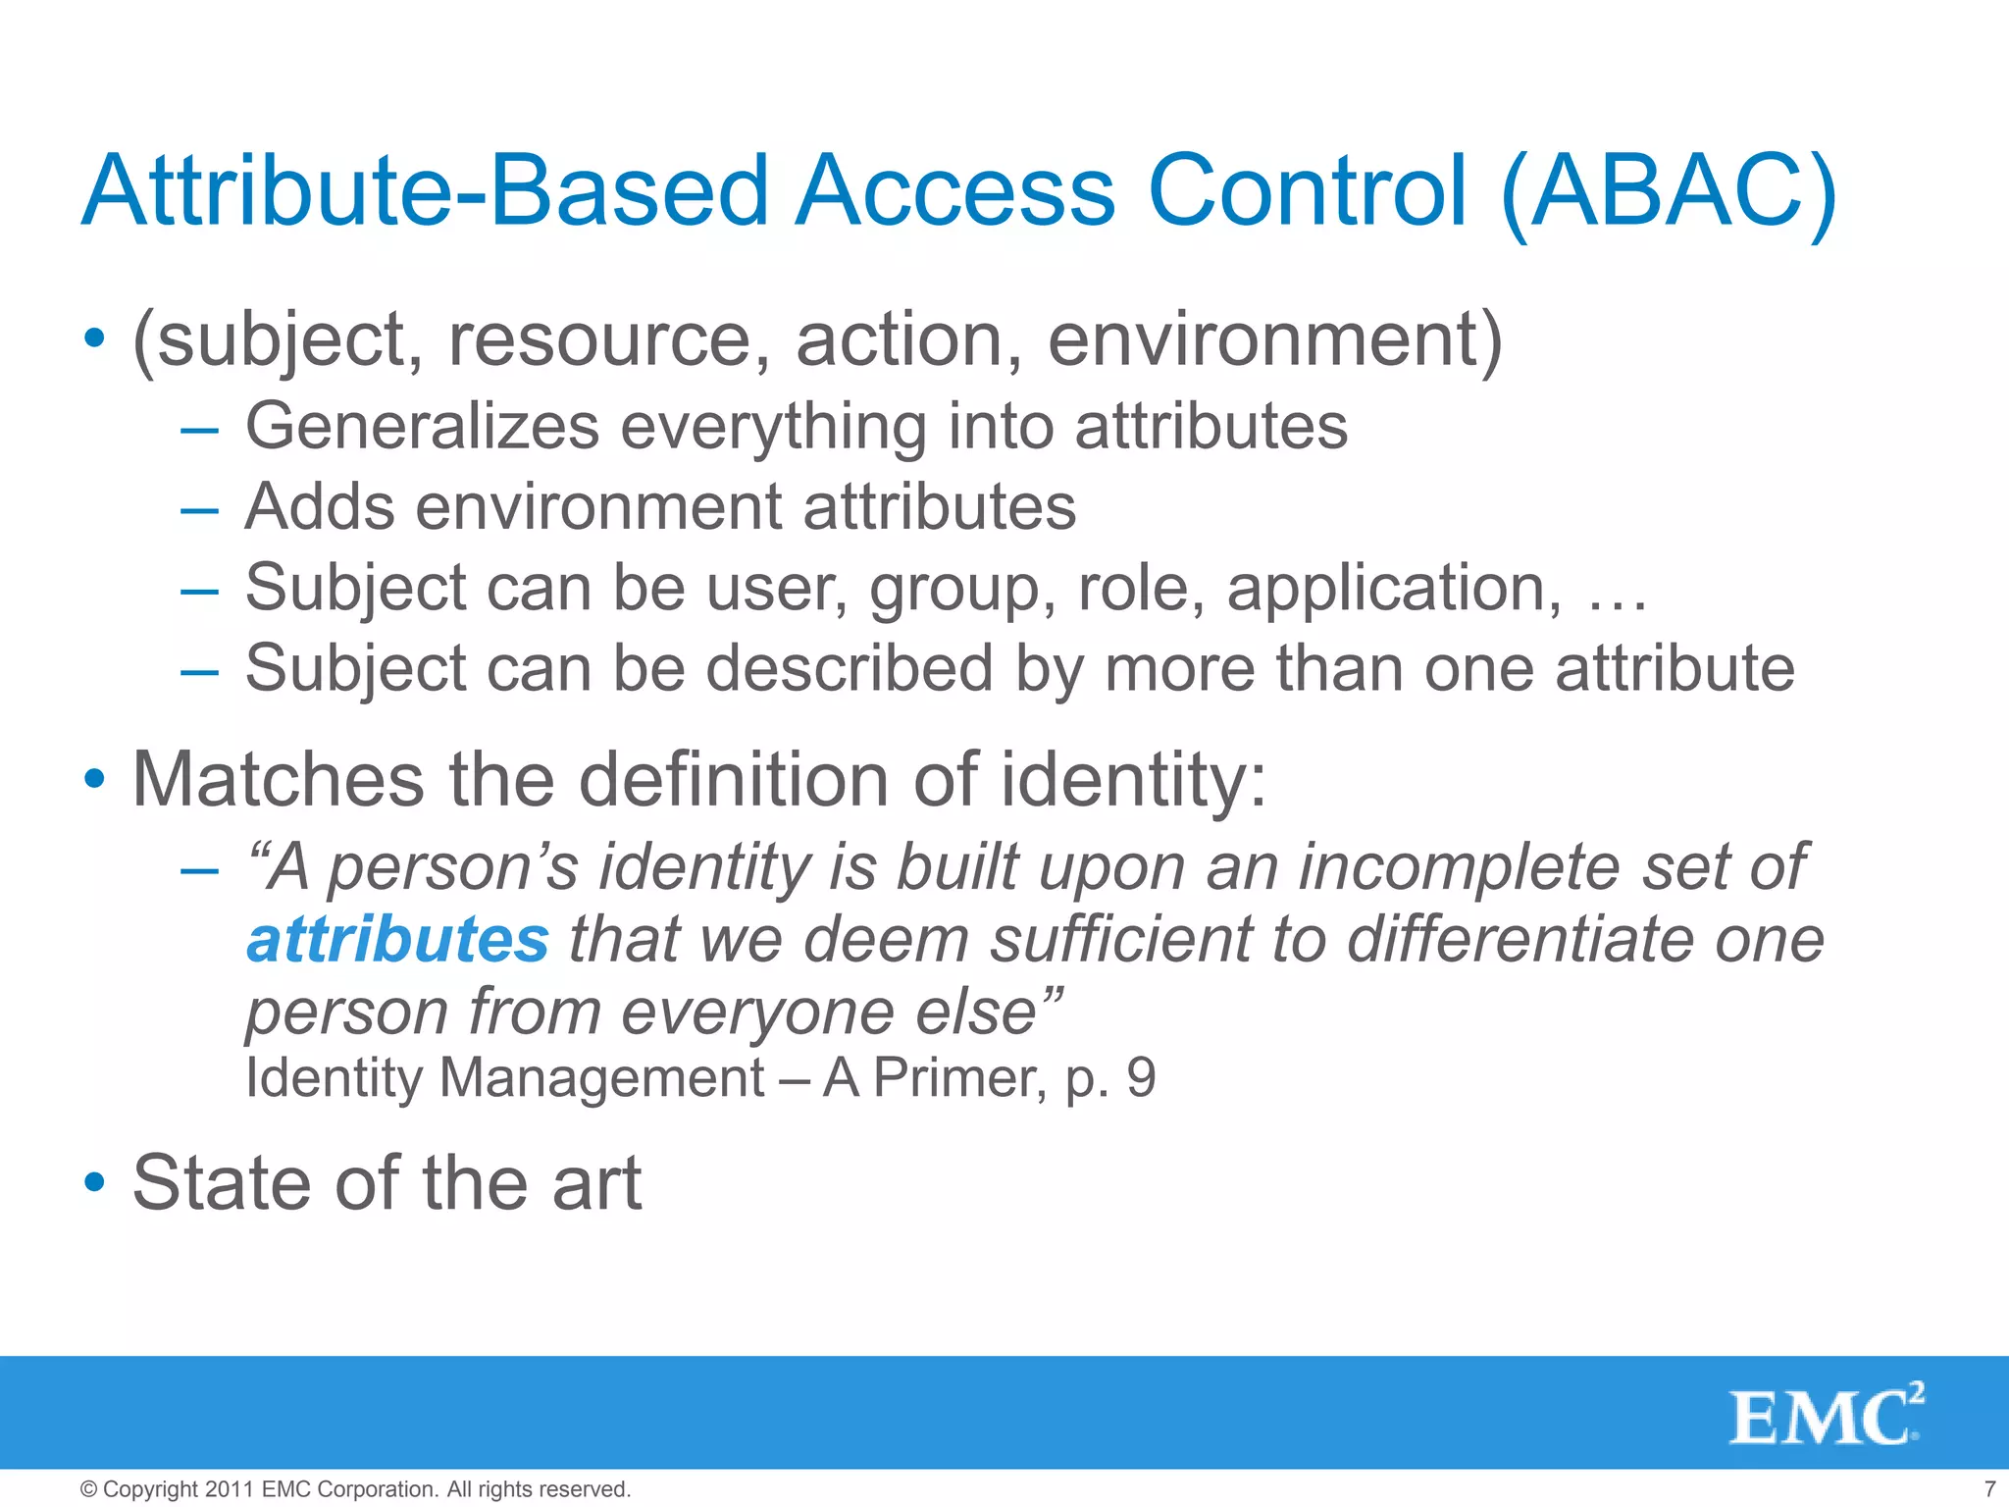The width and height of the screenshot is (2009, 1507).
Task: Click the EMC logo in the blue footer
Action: [x=1826, y=1416]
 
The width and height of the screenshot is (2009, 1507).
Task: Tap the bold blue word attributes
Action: [x=397, y=940]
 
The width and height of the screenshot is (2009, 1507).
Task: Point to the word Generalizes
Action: [x=422, y=427]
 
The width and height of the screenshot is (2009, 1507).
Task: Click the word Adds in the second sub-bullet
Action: [x=318, y=507]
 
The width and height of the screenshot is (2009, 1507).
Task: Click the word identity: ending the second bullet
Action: [x=1134, y=780]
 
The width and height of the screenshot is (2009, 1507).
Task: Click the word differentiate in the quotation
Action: [x=1521, y=940]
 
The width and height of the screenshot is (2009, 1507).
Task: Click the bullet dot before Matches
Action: [x=94, y=781]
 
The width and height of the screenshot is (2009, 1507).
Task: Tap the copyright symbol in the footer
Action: [x=88, y=1489]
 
